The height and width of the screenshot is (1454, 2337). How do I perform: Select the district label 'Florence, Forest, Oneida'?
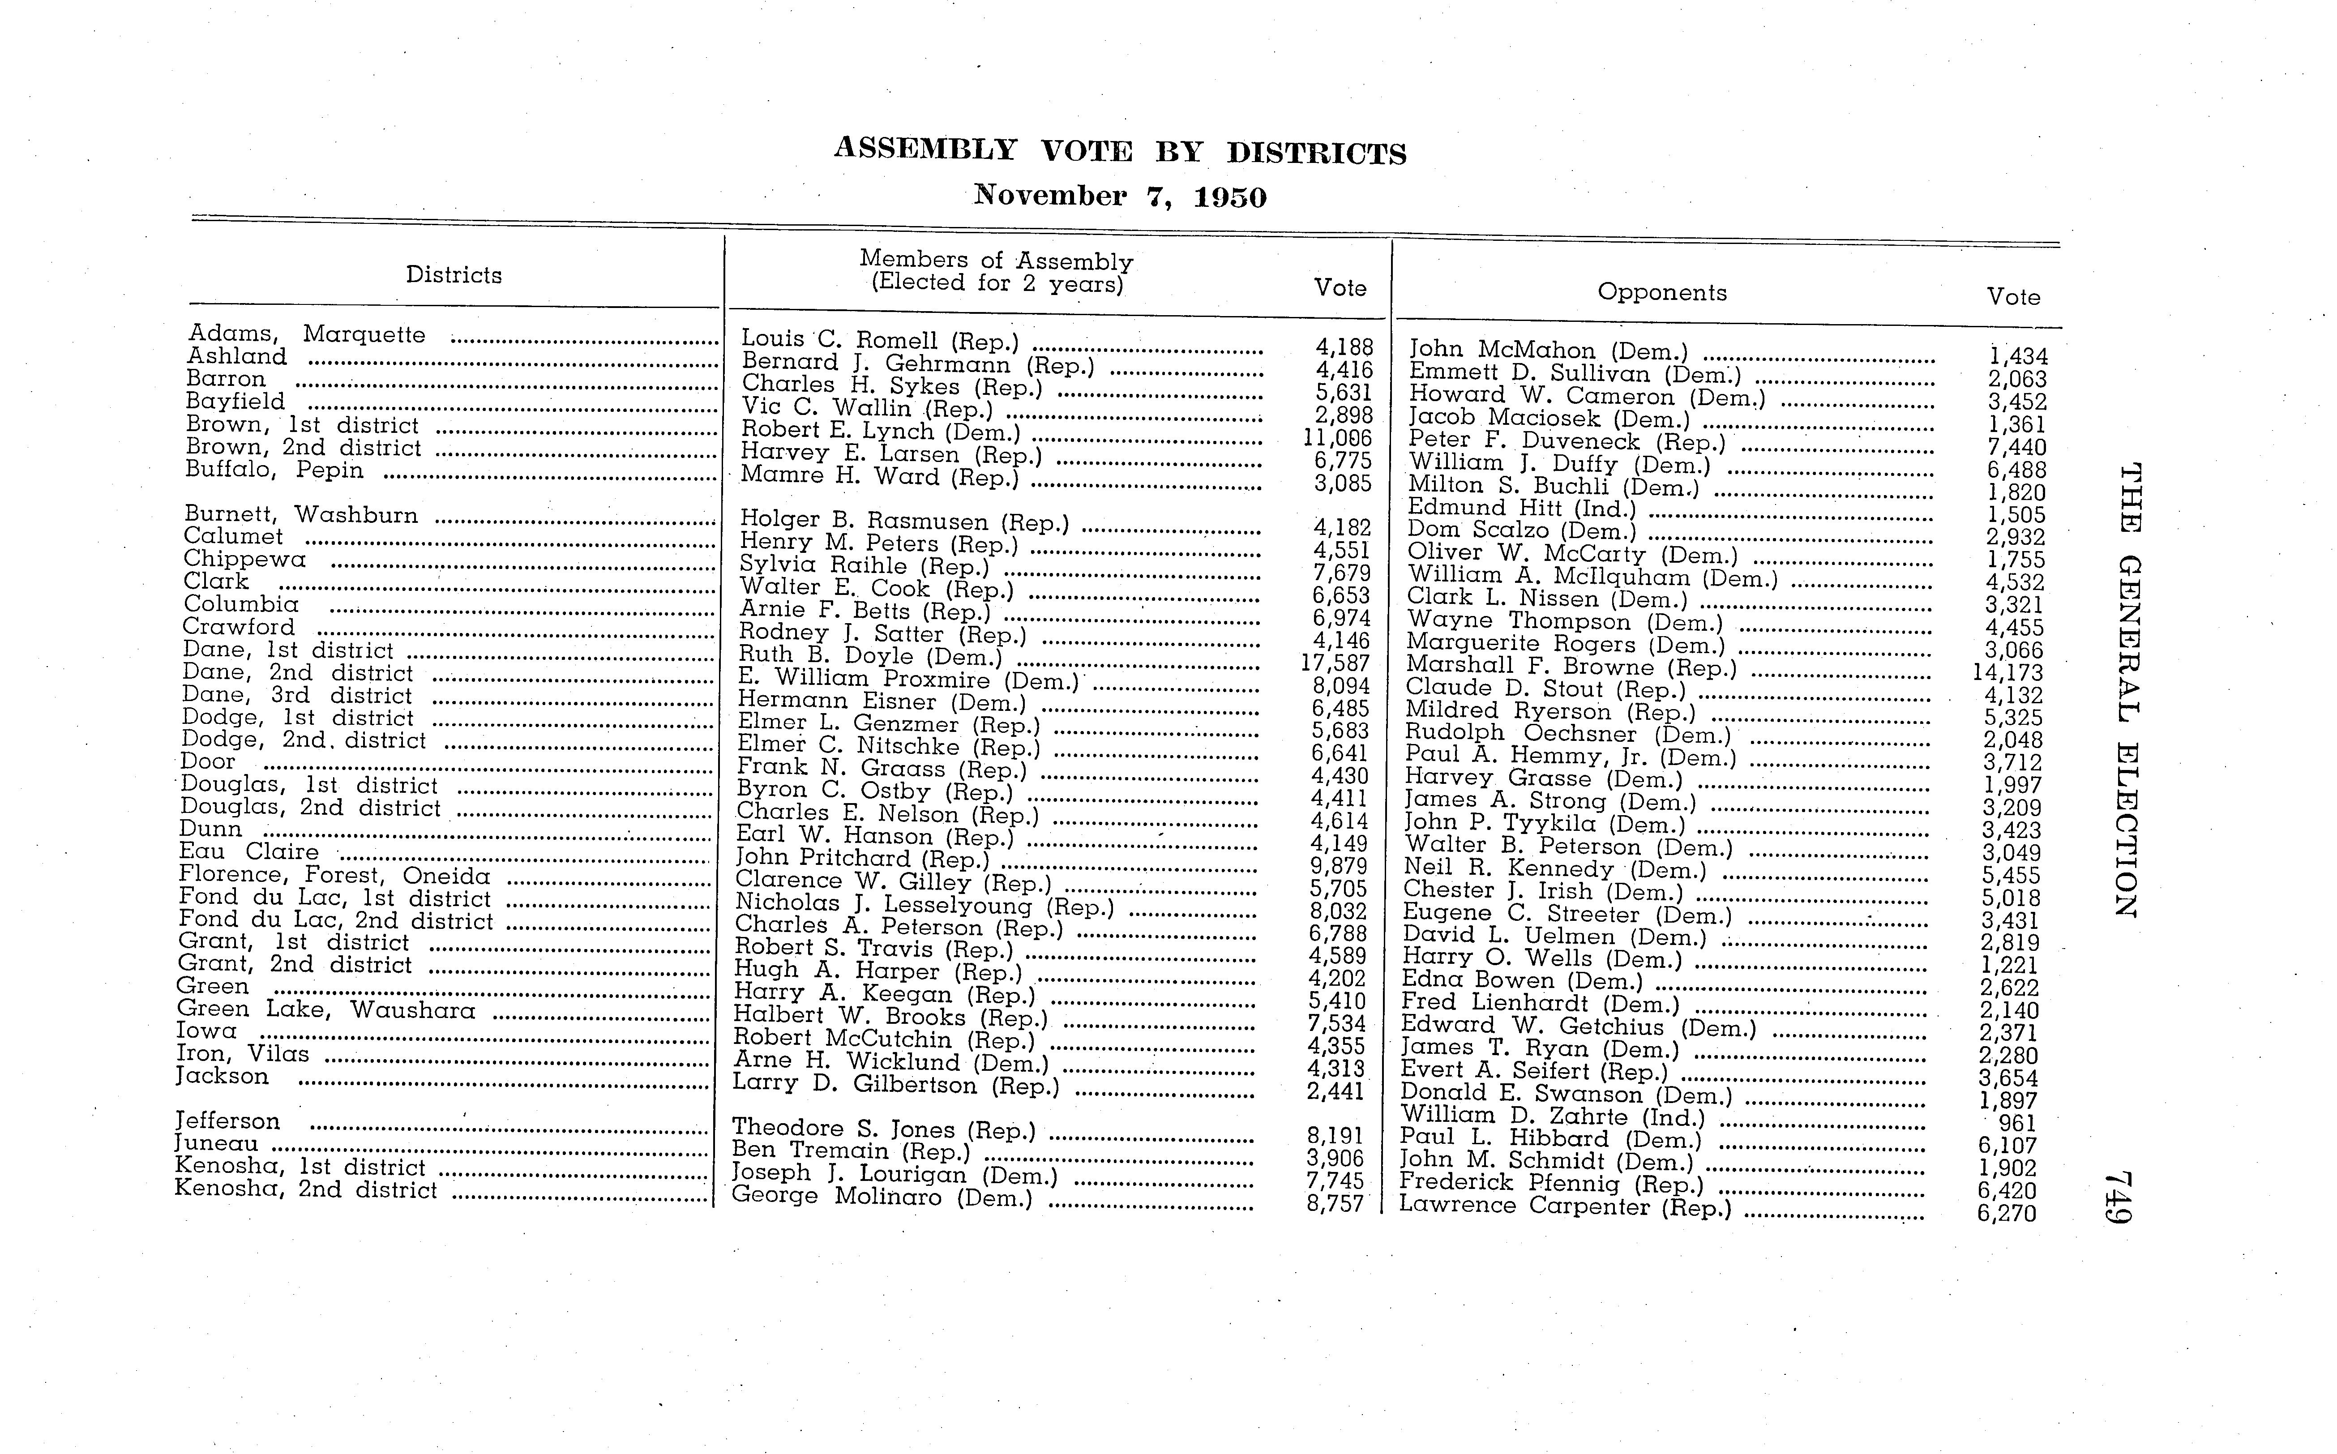click(335, 875)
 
